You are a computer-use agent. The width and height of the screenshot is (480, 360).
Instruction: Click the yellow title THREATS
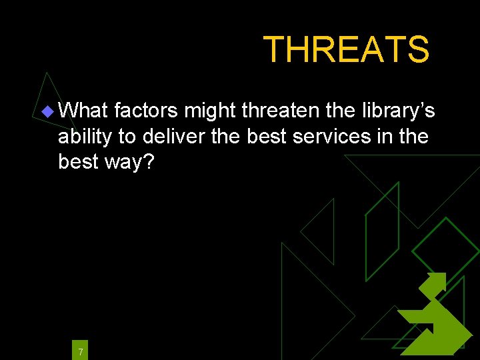[346, 49]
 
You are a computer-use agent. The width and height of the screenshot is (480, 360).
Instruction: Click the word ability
[85, 137]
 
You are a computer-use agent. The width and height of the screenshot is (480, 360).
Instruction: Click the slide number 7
[80, 351]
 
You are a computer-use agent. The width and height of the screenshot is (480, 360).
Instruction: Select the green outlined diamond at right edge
[445, 251]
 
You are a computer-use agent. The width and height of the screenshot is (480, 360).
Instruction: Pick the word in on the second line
[389, 136]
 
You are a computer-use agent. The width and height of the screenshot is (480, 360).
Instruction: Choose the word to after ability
[127, 136]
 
